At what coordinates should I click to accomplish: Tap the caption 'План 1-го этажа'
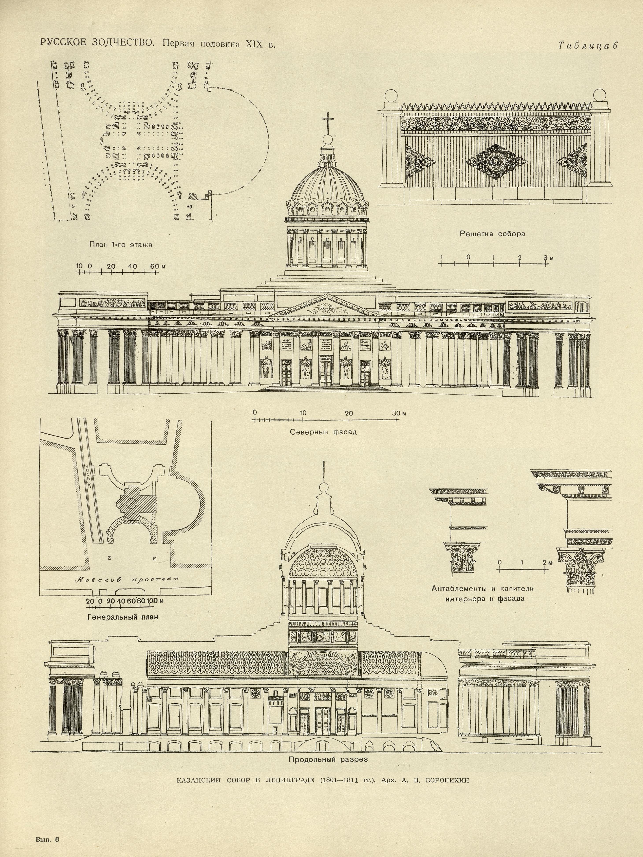(121, 244)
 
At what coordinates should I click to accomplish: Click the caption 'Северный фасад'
(323, 432)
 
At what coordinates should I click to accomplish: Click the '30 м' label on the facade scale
(399, 413)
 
